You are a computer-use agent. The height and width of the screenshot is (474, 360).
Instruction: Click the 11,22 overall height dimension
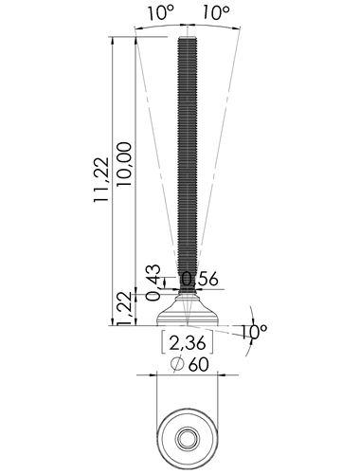pyautogui.click(x=101, y=179)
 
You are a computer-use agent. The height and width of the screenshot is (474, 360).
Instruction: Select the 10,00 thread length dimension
pyautogui.click(x=124, y=164)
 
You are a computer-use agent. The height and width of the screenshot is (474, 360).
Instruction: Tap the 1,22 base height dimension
pyautogui.click(x=124, y=308)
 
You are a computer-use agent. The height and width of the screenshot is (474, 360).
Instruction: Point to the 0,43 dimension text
pyautogui.click(x=153, y=283)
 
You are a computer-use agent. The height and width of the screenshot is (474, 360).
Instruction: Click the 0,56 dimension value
pyautogui.click(x=200, y=280)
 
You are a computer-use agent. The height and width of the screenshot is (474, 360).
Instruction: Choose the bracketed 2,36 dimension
pyautogui.click(x=188, y=343)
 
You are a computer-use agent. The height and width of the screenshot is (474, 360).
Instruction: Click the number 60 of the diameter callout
pyautogui.click(x=199, y=365)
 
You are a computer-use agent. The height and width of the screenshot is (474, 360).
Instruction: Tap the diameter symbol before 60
pyautogui.click(x=177, y=365)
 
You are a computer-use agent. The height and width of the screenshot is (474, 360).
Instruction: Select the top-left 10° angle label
pyautogui.click(x=161, y=13)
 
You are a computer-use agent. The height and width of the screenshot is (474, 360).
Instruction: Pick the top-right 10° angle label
pyautogui.click(x=216, y=13)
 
